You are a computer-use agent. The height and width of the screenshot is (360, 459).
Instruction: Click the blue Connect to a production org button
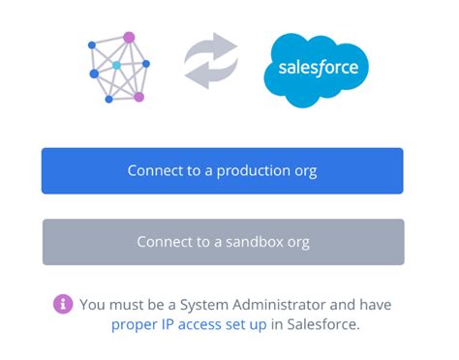click(x=222, y=171)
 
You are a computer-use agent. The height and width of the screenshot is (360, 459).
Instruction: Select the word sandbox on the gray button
click(x=256, y=242)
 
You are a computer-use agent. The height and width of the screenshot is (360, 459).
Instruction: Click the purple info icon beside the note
click(x=63, y=304)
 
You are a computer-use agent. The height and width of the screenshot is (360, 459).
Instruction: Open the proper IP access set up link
click(x=189, y=324)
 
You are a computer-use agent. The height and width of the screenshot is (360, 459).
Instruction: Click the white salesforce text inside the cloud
click(x=318, y=68)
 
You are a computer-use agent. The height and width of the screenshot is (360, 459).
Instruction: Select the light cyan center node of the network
click(x=116, y=65)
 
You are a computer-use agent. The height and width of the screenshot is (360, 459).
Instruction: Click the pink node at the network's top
click(x=129, y=38)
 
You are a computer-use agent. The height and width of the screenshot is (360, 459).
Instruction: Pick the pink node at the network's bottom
click(x=138, y=97)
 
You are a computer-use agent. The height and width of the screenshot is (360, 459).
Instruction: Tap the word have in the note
click(x=373, y=304)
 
